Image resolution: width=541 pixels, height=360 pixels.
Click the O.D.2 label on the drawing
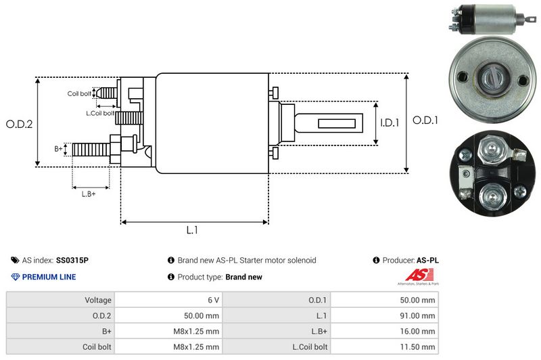pyautogui.click(x=20, y=125)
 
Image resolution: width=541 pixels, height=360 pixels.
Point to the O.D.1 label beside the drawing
pyautogui.click(x=425, y=120)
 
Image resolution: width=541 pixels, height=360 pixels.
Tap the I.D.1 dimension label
pyautogui.click(x=390, y=122)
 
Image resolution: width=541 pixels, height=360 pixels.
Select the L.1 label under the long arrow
pyautogui.click(x=192, y=230)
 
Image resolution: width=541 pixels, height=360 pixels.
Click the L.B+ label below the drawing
pyautogui.click(x=89, y=194)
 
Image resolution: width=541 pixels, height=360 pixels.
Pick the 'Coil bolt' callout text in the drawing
pyautogui.click(x=79, y=93)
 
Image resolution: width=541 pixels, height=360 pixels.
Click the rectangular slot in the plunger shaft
pyautogui.click(x=336, y=124)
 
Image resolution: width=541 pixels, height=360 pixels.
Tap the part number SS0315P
pyautogui.click(x=72, y=261)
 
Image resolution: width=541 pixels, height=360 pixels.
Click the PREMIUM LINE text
pyautogui.click(x=49, y=277)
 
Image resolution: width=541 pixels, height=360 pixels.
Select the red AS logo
pyautogui.click(x=419, y=275)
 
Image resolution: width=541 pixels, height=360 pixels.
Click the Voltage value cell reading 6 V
pyautogui.click(x=168, y=300)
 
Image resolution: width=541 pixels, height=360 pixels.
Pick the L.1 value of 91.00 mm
pyautogui.click(x=384, y=315)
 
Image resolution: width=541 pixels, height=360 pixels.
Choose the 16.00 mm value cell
pyautogui.click(x=384, y=332)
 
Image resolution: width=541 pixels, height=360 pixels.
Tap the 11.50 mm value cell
pyautogui.click(x=384, y=346)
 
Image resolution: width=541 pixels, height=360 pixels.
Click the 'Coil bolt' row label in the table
pyautogui.click(x=97, y=347)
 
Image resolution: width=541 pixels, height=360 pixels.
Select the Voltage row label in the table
pyautogui.click(x=98, y=300)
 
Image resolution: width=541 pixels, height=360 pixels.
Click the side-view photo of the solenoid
pyautogui.click(x=492, y=20)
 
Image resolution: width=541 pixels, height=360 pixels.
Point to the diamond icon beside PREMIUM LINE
pyautogui.click(x=16, y=277)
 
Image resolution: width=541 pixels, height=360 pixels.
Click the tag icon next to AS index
pyautogui.click(x=15, y=261)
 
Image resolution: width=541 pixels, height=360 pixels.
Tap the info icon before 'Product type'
pyautogui.click(x=171, y=277)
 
